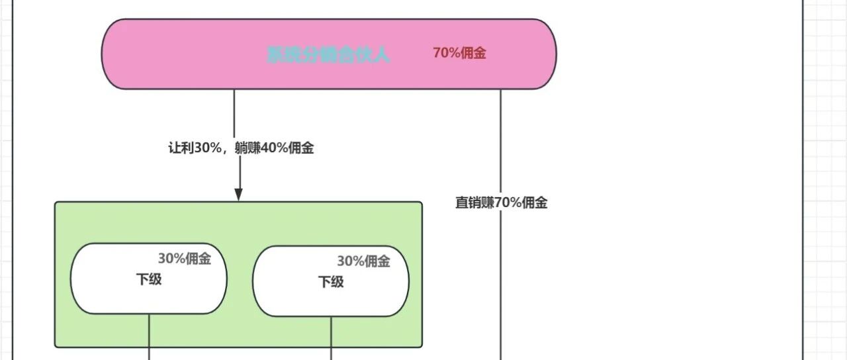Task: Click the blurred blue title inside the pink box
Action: [x=328, y=54]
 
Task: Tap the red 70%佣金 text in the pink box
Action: [x=459, y=54]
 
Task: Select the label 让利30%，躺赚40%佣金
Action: [x=241, y=148]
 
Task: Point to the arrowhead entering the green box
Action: [x=239, y=194]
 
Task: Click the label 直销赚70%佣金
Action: [x=501, y=203]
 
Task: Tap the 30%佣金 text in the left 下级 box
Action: [x=184, y=259]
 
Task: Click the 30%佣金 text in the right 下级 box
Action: [x=363, y=261]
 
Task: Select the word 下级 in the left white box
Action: [x=149, y=279]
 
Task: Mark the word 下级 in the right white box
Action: [x=331, y=282]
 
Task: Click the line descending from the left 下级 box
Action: [x=149, y=337]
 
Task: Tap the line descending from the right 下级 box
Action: [x=331, y=339]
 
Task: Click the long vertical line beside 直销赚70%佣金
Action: [x=500, y=278]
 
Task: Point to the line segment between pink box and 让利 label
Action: [x=234, y=112]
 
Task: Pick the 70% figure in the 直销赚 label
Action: [x=508, y=203]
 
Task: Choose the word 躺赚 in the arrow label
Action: [x=248, y=148]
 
